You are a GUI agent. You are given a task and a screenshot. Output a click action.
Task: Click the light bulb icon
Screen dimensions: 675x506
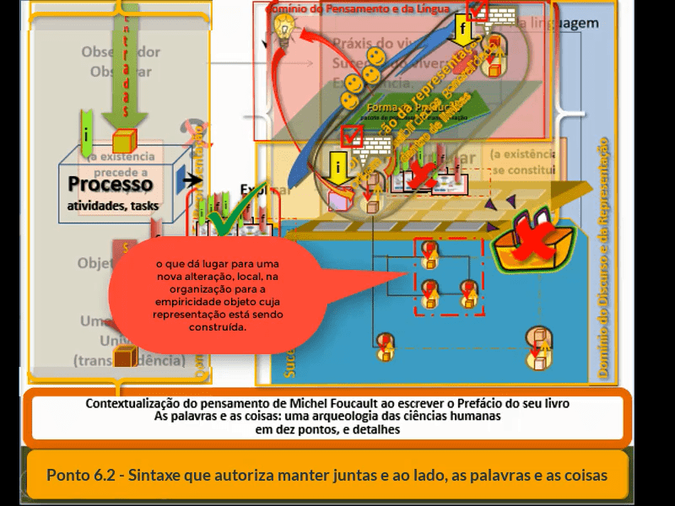(284, 33)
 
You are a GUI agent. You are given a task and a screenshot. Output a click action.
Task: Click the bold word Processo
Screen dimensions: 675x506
(111, 185)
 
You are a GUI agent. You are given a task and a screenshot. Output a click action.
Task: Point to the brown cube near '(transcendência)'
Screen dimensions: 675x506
(126, 357)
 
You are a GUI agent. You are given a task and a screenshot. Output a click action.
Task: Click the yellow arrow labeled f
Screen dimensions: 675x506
(462, 30)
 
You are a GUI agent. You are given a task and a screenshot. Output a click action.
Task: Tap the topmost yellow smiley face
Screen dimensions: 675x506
(376, 57)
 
